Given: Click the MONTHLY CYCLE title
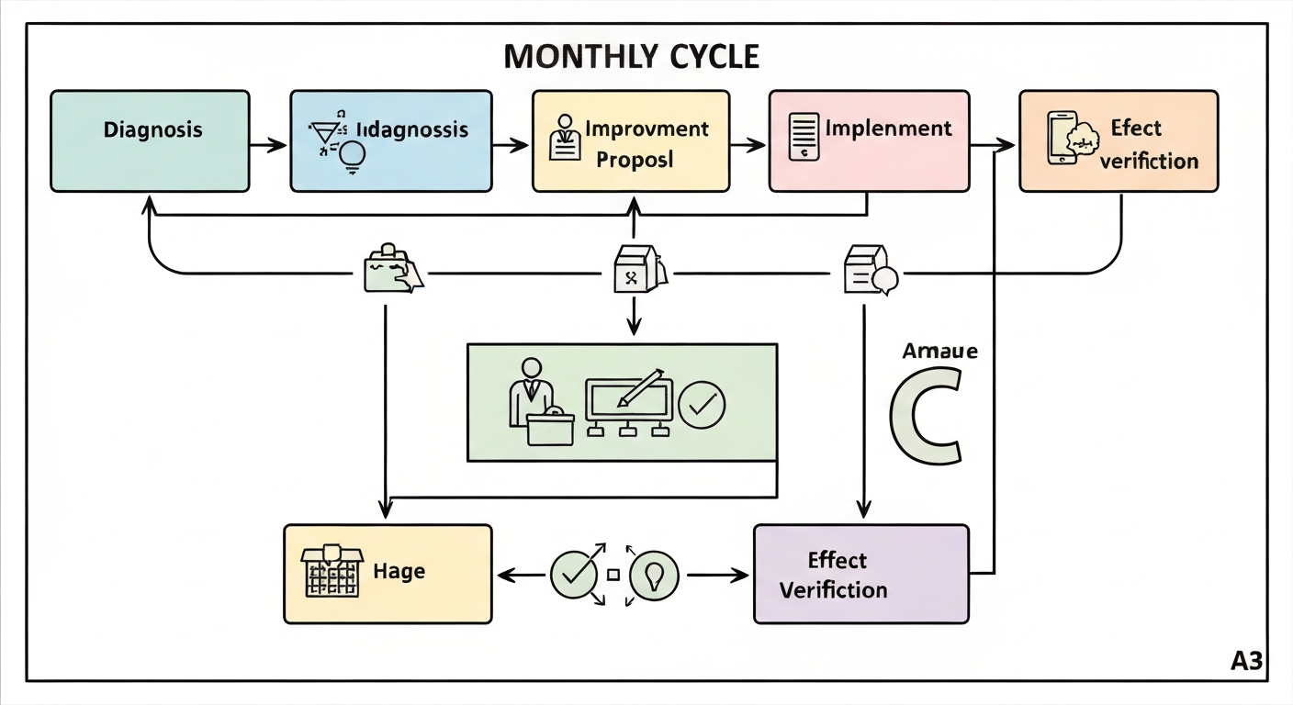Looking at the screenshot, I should (x=632, y=57).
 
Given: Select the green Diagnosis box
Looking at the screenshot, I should (x=150, y=140).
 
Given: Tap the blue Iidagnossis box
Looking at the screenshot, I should (x=390, y=140).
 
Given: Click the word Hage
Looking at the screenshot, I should (x=399, y=571).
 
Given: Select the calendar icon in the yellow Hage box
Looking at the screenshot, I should (x=330, y=574).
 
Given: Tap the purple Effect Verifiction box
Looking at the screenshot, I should (x=860, y=574).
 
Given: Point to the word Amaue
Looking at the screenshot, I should (x=939, y=352).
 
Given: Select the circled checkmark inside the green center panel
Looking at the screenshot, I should (x=702, y=403).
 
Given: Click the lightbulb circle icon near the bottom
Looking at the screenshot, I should (x=653, y=576).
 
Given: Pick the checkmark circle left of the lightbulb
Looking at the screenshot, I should (x=573, y=576).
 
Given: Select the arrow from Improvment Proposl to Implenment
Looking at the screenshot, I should (x=748, y=144).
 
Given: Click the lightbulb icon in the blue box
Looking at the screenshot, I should (x=353, y=157).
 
